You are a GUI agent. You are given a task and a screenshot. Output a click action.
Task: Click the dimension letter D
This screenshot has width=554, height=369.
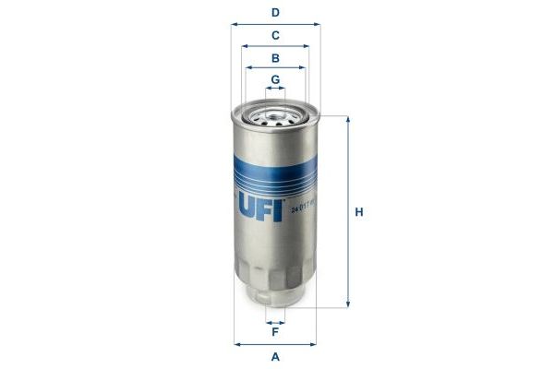(x=275, y=13)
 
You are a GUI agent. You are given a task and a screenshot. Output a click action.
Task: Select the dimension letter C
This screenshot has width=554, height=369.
(x=275, y=35)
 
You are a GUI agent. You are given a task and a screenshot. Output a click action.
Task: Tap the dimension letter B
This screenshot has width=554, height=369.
(x=275, y=57)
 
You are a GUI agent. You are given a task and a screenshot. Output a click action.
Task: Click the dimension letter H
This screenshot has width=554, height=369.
(x=360, y=212)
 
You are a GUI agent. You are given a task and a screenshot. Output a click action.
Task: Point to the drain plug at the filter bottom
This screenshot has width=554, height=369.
(x=275, y=296)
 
